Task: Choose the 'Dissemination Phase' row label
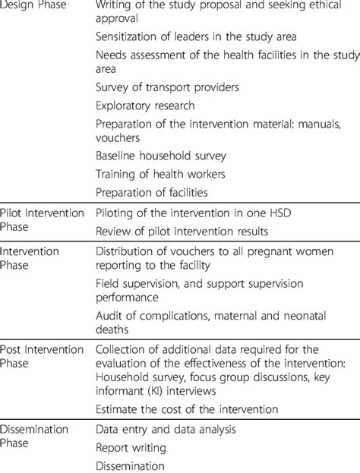pyautogui.click(x=36, y=437)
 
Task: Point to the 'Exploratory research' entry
pyautogui.click(x=145, y=106)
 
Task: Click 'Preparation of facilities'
pyautogui.click(x=152, y=192)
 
